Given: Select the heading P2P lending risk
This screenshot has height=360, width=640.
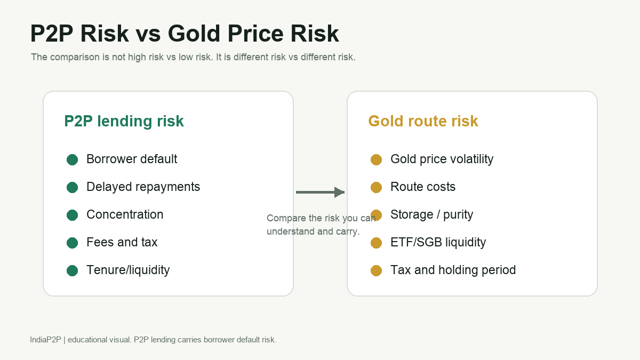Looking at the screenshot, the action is (124, 121).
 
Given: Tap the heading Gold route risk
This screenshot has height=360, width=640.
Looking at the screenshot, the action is (423, 121).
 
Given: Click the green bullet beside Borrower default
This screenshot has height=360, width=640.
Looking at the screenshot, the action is (73, 159).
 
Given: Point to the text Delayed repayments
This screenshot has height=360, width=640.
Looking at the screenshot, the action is (143, 187).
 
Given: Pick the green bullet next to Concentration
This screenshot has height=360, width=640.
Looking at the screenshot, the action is (73, 215).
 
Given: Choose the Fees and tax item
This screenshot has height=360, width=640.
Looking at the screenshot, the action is (122, 242).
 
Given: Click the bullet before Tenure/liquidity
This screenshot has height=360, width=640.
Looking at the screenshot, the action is (73, 270).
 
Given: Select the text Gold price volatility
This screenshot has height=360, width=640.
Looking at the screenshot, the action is (442, 159).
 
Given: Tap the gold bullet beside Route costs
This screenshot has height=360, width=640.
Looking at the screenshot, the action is (377, 187).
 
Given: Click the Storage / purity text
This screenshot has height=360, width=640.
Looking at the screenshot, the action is (431, 215).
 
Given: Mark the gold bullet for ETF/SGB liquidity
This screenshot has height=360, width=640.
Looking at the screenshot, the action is (377, 243).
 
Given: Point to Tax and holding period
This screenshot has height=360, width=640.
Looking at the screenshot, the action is (453, 270).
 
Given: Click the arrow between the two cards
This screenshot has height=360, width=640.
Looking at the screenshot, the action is (321, 193).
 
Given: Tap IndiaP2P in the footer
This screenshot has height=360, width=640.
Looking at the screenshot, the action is (45, 340).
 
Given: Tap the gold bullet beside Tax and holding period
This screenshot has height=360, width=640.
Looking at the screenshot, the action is (377, 270).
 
